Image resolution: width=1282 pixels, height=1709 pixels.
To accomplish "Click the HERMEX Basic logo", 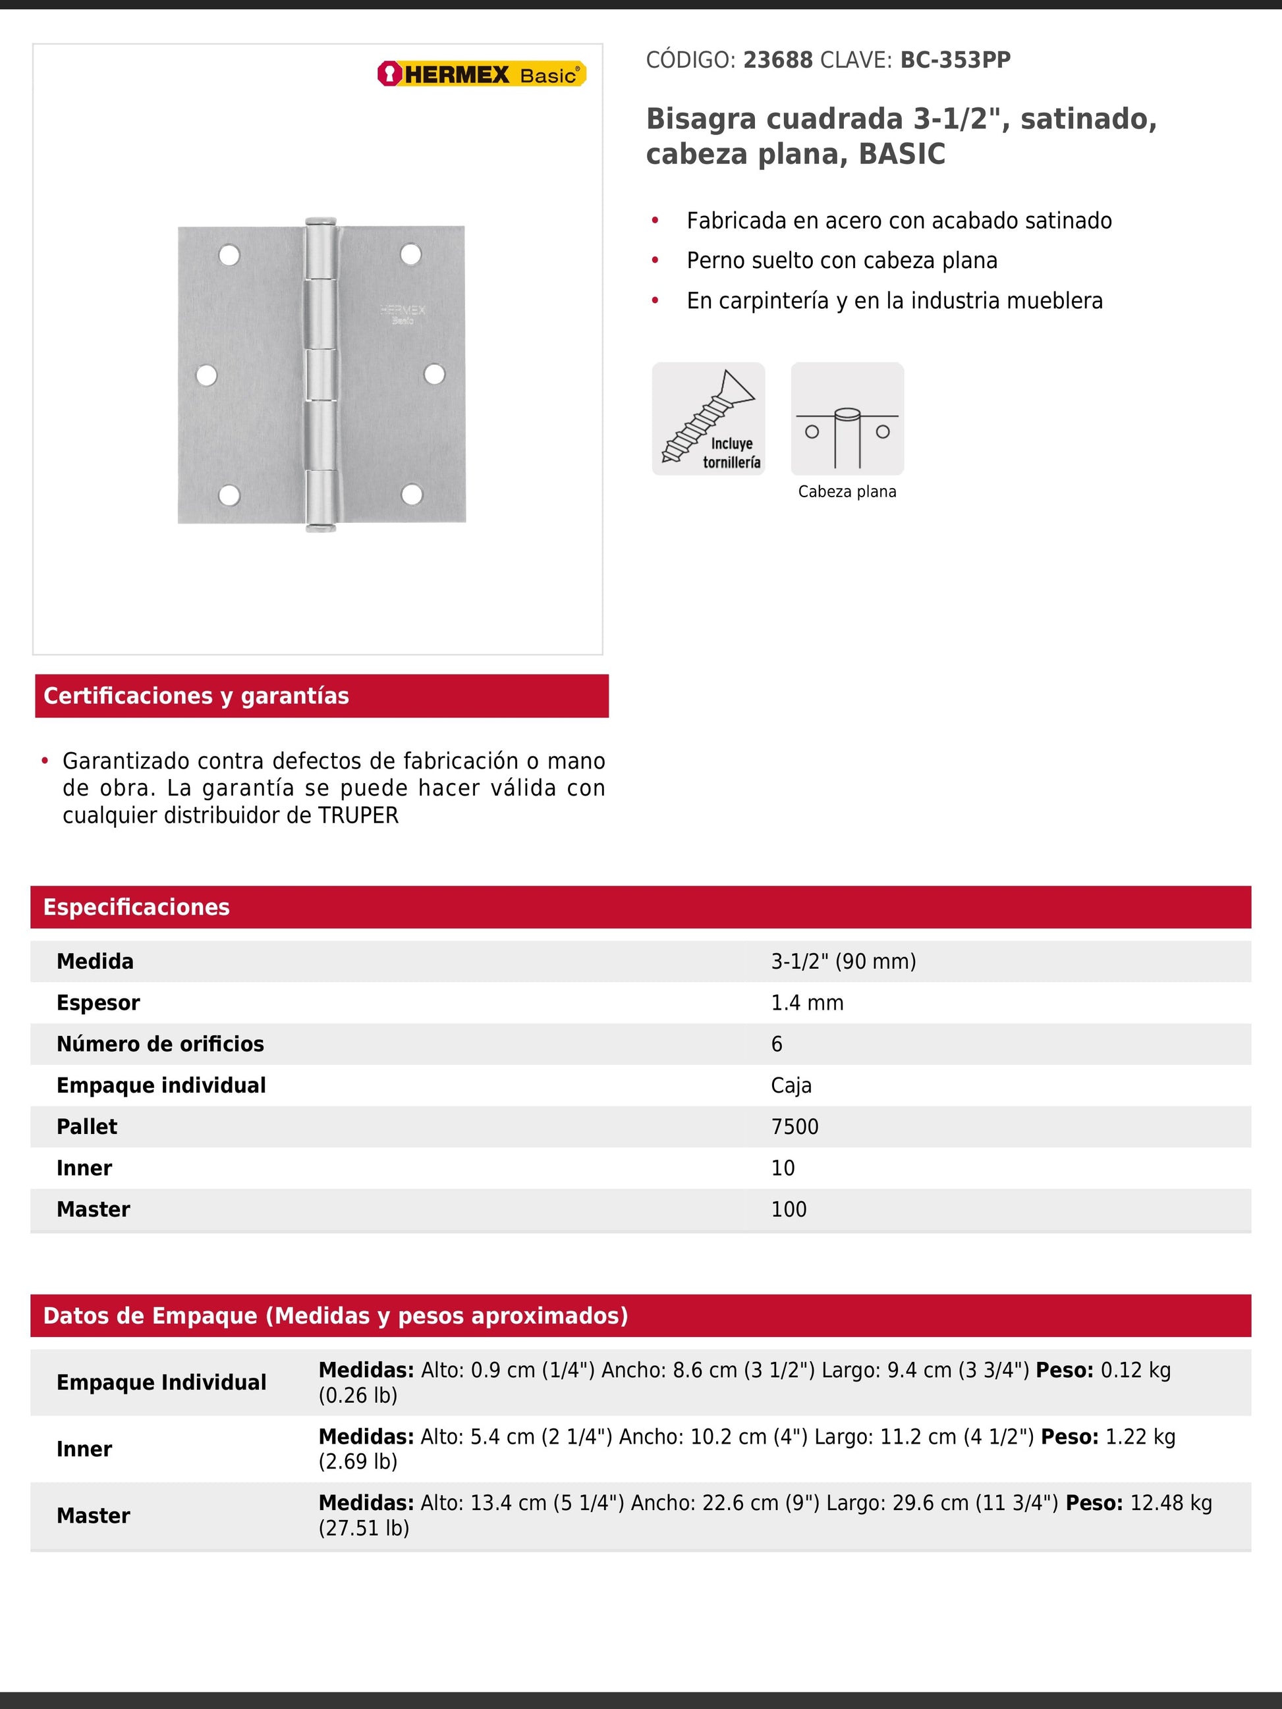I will (x=482, y=74).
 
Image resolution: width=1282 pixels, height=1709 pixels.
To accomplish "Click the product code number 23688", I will (x=777, y=61).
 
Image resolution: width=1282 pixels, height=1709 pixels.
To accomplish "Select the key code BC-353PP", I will (x=955, y=61).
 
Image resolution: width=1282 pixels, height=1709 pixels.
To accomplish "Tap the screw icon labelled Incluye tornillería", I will (x=708, y=419).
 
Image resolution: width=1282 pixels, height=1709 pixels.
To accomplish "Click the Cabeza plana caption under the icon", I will (x=847, y=492).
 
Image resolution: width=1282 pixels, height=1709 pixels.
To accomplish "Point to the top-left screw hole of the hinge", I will (x=229, y=255).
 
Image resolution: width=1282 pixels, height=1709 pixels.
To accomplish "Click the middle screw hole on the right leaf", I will (x=434, y=374).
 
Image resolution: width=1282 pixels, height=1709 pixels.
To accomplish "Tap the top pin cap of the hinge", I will (x=321, y=222).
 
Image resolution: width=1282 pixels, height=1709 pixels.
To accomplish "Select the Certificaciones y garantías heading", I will (x=196, y=696).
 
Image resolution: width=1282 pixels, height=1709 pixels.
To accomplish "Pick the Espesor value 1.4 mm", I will (x=807, y=1003).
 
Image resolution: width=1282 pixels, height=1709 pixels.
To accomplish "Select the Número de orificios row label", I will (x=160, y=1044).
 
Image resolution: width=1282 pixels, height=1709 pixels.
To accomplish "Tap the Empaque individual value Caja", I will (x=791, y=1086).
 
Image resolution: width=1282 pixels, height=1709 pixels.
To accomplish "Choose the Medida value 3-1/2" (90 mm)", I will (x=843, y=962).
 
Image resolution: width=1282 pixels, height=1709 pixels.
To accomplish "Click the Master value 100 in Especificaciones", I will (x=788, y=1210).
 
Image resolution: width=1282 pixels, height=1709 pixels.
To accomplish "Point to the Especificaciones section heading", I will (x=136, y=907).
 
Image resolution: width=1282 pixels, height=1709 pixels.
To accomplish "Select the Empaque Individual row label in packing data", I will (x=161, y=1382).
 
